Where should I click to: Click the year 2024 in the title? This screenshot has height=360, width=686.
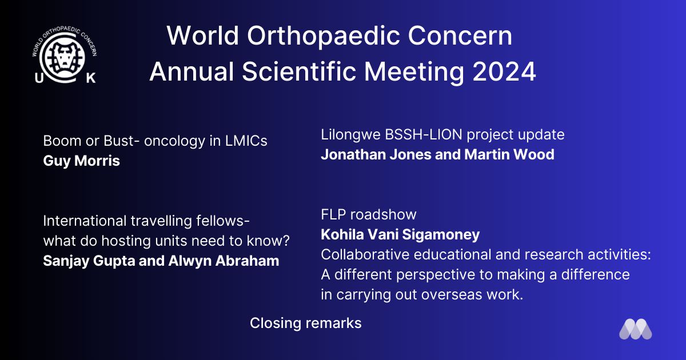[x=504, y=71]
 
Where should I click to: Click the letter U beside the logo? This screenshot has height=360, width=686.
[x=39, y=78]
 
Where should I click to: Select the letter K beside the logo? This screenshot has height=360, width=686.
[x=91, y=78]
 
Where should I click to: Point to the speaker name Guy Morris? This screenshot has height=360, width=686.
[x=81, y=161]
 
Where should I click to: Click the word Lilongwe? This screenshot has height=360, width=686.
[x=350, y=135]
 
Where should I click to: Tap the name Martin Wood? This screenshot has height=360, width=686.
[x=509, y=154]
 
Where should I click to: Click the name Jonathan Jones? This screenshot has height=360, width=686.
[x=376, y=154]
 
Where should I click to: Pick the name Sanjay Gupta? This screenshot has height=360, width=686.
[x=89, y=261]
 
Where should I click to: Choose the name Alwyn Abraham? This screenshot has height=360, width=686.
[x=224, y=261]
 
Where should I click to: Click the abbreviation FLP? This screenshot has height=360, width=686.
[x=333, y=214]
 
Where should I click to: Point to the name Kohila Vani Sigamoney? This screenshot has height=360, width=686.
[x=400, y=235]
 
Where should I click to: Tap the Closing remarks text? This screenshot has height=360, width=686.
[x=306, y=323]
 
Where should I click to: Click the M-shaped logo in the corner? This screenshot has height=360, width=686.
[x=636, y=329]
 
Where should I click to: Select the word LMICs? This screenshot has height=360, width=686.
[x=246, y=141]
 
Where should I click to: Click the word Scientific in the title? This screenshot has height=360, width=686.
[x=299, y=71]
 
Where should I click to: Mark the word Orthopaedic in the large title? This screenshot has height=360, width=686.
[x=324, y=35]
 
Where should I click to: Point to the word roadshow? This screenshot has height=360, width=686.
[x=384, y=214]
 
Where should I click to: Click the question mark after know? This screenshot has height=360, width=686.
[x=286, y=241]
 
